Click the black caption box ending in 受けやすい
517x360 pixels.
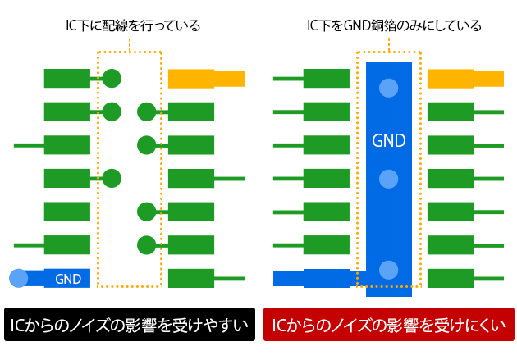(x=128, y=325)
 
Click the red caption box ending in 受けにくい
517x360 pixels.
(x=388, y=325)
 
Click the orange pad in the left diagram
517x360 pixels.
(x=206, y=79)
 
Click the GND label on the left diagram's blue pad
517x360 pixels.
(x=67, y=279)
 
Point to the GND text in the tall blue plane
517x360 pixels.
(x=388, y=140)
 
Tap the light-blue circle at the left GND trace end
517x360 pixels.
(x=18, y=279)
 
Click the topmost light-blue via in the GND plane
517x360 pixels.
(x=388, y=88)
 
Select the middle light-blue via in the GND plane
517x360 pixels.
(x=388, y=179)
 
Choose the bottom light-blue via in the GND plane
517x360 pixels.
(x=388, y=269)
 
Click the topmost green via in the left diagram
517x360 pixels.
(x=112, y=79)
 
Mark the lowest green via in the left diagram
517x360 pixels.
(x=147, y=244)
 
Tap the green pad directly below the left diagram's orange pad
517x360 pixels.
(x=191, y=112)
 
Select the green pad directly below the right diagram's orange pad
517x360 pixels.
(x=451, y=112)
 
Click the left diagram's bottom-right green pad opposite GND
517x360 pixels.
(x=191, y=279)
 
